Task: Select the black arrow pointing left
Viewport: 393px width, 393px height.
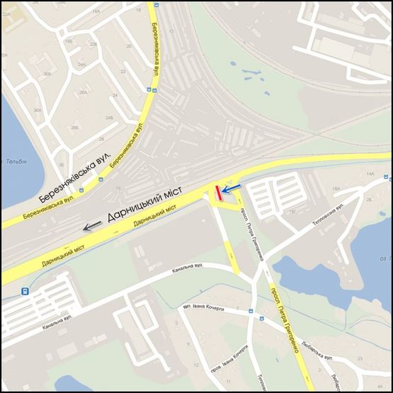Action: pyautogui.click(x=92, y=227)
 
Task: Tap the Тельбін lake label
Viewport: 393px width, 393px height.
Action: pyautogui.click(x=17, y=161)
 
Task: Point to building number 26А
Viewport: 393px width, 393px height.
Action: pyautogui.click(x=84, y=91)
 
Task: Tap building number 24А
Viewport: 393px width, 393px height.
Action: pyautogui.click(x=82, y=64)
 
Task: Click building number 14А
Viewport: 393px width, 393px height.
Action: pyautogui.click(x=369, y=173)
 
